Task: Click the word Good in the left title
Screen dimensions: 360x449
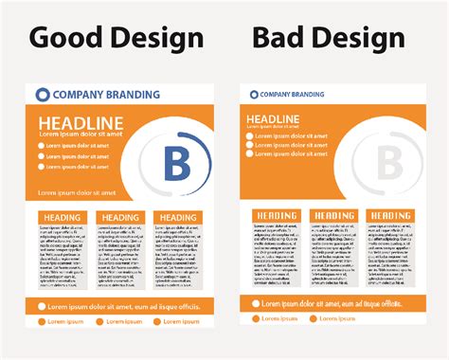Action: tap(64, 37)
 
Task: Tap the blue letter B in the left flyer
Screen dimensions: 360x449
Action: tap(177, 163)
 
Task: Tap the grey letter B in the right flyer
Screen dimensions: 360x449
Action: tap(390, 163)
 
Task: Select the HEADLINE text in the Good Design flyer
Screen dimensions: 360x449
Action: tap(81, 122)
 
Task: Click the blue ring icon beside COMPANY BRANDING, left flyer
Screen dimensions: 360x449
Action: tap(42, 94)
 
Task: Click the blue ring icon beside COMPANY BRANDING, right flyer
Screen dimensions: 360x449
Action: tap(251, 94)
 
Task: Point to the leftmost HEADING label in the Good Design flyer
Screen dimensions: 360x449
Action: tap(63, 218)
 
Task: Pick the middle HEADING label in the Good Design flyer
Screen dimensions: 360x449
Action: tap(120, 218)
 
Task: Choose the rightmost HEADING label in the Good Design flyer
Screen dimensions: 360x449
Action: tap(177, 218)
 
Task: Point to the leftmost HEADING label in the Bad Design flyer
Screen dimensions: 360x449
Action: tap(276, 216)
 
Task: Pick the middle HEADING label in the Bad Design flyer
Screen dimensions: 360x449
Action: tap(332, 216)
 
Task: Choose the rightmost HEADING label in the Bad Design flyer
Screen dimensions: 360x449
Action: tap(389, 216)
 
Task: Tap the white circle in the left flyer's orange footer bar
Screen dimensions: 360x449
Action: tap(43, 306)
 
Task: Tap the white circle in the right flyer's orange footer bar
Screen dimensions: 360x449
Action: tap(255, 303)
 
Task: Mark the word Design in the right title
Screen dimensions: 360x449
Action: tap(359, 38)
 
